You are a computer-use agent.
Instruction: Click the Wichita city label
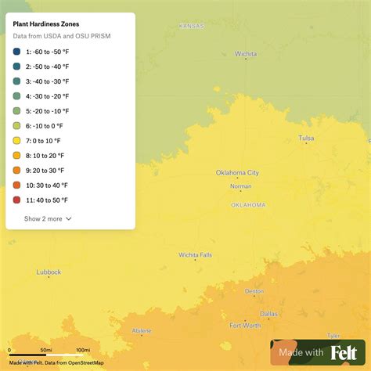point(246,54)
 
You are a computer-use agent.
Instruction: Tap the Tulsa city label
point(306,139)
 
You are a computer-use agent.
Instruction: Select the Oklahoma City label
point(237,173)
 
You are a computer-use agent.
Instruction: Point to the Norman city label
point(240,186)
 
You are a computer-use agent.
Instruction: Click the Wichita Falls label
point(195,254)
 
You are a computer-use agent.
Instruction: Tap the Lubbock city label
point(49,272)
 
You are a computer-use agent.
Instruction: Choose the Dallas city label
point(268,314)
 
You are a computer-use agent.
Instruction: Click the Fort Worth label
point(245,325)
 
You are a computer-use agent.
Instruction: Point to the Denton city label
point(254,291)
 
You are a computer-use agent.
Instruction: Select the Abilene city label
point(142,331)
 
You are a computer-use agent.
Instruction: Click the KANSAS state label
point(191,26)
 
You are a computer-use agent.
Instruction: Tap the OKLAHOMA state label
point(248,205)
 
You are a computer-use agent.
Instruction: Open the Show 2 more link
point(48,218)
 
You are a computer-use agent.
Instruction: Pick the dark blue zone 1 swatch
point(17,52)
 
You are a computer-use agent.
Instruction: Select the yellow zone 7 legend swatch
point(17,141)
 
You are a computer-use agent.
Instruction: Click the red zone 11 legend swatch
point(17,200)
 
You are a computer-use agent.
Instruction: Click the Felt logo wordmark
point(344,353)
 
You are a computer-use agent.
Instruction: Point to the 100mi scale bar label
point(83,350)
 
